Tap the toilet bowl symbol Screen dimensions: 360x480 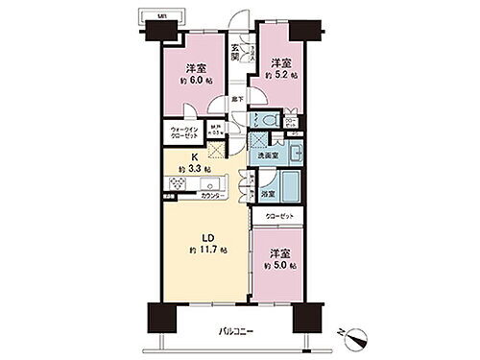(270, 120)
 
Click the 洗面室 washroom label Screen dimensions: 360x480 (264, 156)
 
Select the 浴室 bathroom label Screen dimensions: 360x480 (266, 194)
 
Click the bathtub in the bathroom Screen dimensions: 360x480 (289, 186)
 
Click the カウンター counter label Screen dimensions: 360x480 (212, 196)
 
